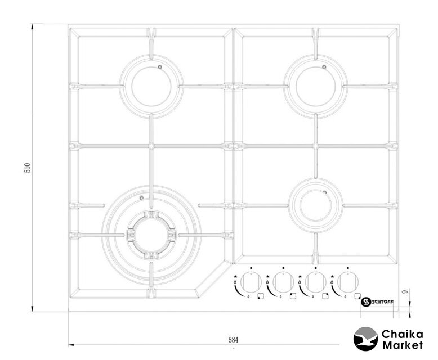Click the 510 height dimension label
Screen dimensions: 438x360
click(x=28, y=168)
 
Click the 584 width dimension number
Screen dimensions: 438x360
click(x=234, y=340)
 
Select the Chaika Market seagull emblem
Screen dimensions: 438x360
click(x=365, y=339)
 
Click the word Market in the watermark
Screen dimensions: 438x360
click(x=403, y=345)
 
